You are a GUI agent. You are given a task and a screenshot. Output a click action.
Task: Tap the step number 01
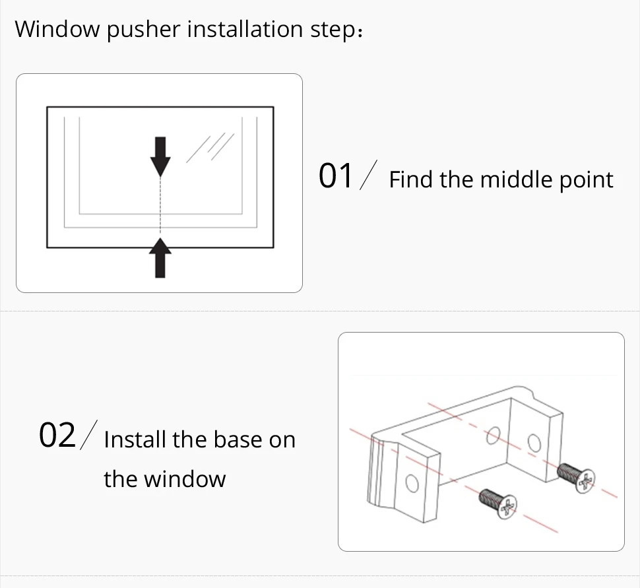(x=336, y=176)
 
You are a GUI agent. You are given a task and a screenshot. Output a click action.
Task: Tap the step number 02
(x=57, y=436)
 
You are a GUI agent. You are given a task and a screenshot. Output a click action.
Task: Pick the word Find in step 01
(x=412, y=180)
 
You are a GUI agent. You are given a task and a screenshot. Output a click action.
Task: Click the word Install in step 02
(x=135, y=440)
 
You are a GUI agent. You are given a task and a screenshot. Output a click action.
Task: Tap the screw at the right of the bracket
(x=575, y=476)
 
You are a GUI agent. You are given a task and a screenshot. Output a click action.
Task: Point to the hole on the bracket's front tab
(x=412, y=483)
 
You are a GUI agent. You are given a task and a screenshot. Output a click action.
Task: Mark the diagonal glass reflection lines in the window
(x=209, y=147)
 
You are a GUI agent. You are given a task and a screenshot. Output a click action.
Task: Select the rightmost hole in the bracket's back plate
(x=534, y=441)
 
